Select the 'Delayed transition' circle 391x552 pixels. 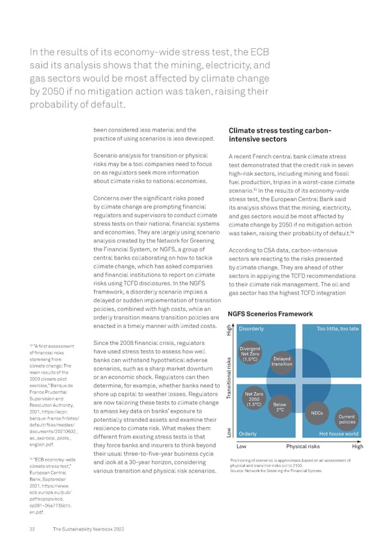(282, 362)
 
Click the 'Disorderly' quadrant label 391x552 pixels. (252, 329)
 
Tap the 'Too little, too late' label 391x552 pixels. (338, 329)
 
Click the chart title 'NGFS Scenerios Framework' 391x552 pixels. (270, 314)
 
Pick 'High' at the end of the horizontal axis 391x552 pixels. (357, 446)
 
